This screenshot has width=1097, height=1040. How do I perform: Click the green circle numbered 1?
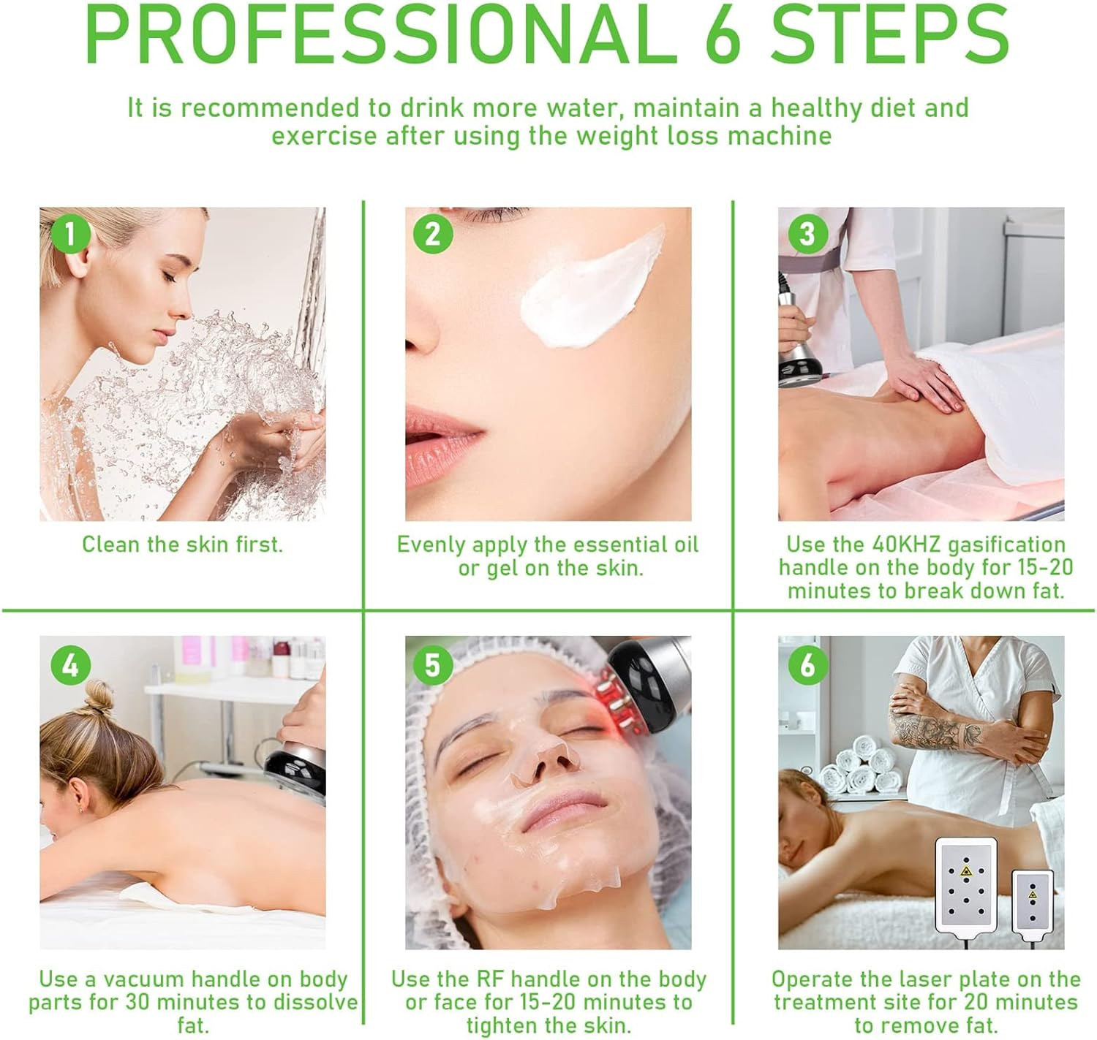pos(70,234)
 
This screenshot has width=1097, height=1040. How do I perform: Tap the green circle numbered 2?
pos(432,234)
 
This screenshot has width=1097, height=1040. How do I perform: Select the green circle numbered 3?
pos(807,234)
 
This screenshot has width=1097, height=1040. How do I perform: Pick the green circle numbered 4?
pos(70,664)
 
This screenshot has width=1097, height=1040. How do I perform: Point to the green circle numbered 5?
pos(432,664)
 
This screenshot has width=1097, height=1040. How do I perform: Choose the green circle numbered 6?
pos(807,664)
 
